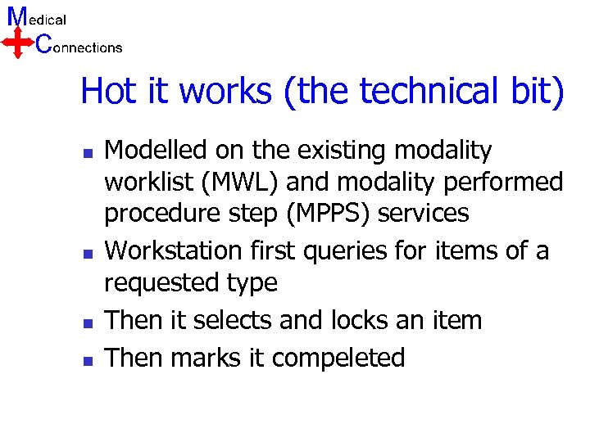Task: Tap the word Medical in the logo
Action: pos(37,17)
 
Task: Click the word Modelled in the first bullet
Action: pos(156,151)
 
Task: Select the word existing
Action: pos(336,151)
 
